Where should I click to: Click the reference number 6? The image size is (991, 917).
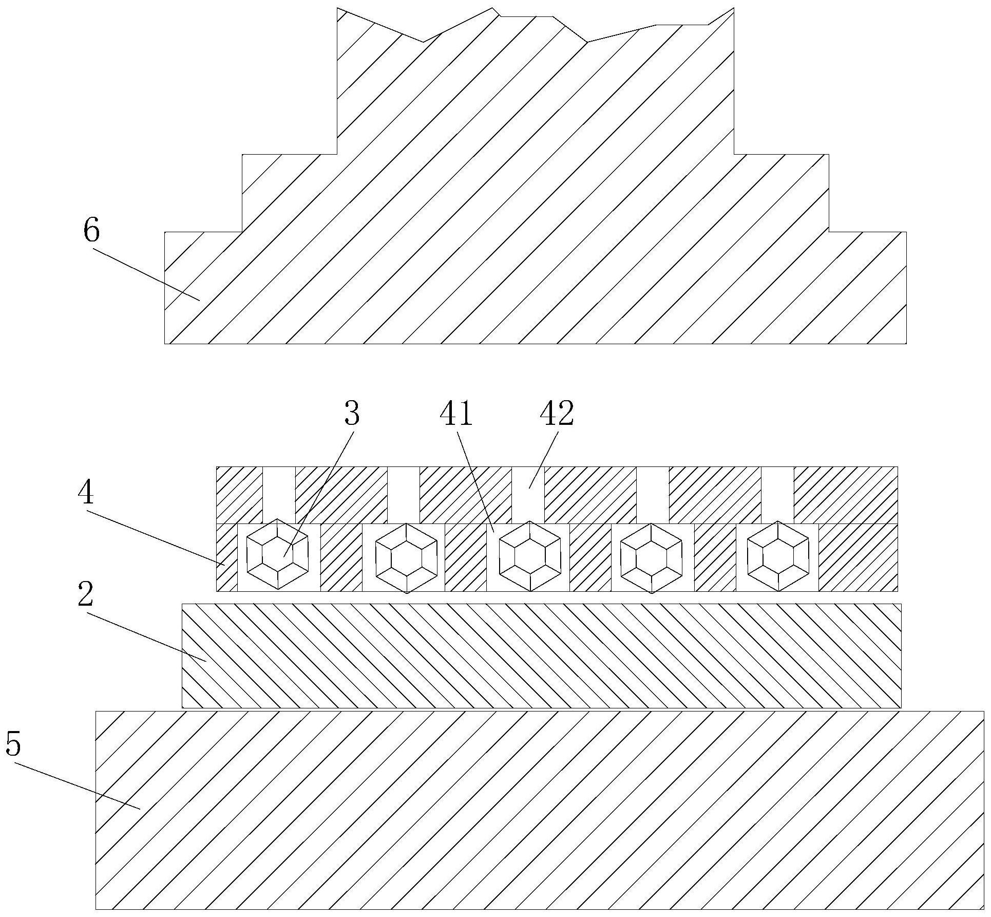click(91, 230)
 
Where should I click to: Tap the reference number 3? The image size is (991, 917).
click(352, 414)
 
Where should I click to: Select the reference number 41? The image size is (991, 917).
click(456, 414)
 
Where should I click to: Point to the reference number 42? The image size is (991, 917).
click(557, 414)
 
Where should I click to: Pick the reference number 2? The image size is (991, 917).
click(86, 595)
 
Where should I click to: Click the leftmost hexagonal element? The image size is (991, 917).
click(278, 554)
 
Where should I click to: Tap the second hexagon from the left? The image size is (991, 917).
click(406, 557)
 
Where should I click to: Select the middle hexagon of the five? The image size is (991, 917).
click(530, 556)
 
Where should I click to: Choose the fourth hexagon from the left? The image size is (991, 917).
click(652, 557)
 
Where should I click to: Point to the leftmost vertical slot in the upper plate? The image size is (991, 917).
click(279, 495)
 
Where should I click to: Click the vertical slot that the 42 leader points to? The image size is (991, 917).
click(528, 495)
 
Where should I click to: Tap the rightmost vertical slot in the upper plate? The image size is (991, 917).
click(778, 495)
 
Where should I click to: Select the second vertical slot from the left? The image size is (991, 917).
click(404, 495)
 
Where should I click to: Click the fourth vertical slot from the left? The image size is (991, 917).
click(653, 495)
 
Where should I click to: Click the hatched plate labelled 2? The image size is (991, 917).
click(542, 656)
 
